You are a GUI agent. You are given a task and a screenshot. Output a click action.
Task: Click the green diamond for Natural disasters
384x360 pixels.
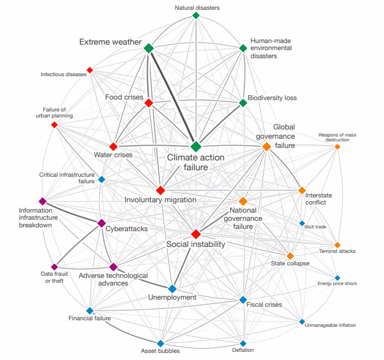(196, 15)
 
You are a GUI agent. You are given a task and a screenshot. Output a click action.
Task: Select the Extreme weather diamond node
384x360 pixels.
(149, 48)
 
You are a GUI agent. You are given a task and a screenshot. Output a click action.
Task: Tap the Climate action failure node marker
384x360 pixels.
(196, 147)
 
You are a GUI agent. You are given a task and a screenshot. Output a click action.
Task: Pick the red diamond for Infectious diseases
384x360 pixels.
(90, 70)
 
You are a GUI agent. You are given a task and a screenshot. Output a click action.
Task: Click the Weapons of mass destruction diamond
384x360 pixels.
(337, 147)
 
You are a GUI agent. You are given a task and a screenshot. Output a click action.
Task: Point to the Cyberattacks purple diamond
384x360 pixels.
(102, 223)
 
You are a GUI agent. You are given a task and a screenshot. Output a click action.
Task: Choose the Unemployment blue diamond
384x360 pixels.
(172, 289)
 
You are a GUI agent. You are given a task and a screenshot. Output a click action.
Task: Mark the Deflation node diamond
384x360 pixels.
(243, 343)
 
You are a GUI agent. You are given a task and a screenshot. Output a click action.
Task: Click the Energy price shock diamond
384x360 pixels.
(337, 278)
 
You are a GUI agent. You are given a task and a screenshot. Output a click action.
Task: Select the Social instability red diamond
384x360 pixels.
(196, 234)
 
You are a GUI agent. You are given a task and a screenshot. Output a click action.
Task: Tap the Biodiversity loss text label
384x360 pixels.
(272, 98)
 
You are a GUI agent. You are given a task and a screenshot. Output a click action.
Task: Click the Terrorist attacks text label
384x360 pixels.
(337, 251)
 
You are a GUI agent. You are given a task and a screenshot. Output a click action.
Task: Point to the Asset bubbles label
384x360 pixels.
(160, 351)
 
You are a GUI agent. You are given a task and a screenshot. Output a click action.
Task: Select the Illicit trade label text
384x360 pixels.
(315, 227)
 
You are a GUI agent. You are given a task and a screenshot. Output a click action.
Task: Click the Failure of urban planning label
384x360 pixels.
(54, 113)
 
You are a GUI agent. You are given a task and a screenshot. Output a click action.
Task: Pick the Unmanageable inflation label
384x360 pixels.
(330, 325)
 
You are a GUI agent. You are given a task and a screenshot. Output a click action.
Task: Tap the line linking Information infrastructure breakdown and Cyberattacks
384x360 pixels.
(72, 213)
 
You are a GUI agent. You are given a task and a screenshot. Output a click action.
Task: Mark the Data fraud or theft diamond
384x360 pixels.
(54, 267)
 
